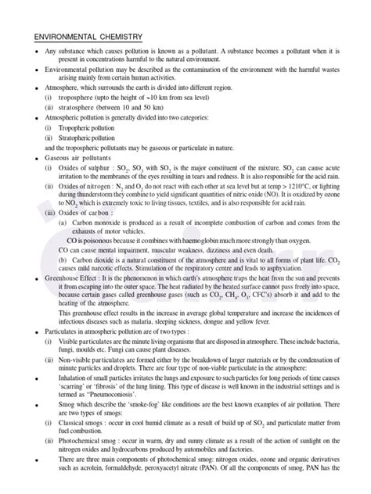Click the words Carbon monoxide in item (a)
click(x=95, y=222)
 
